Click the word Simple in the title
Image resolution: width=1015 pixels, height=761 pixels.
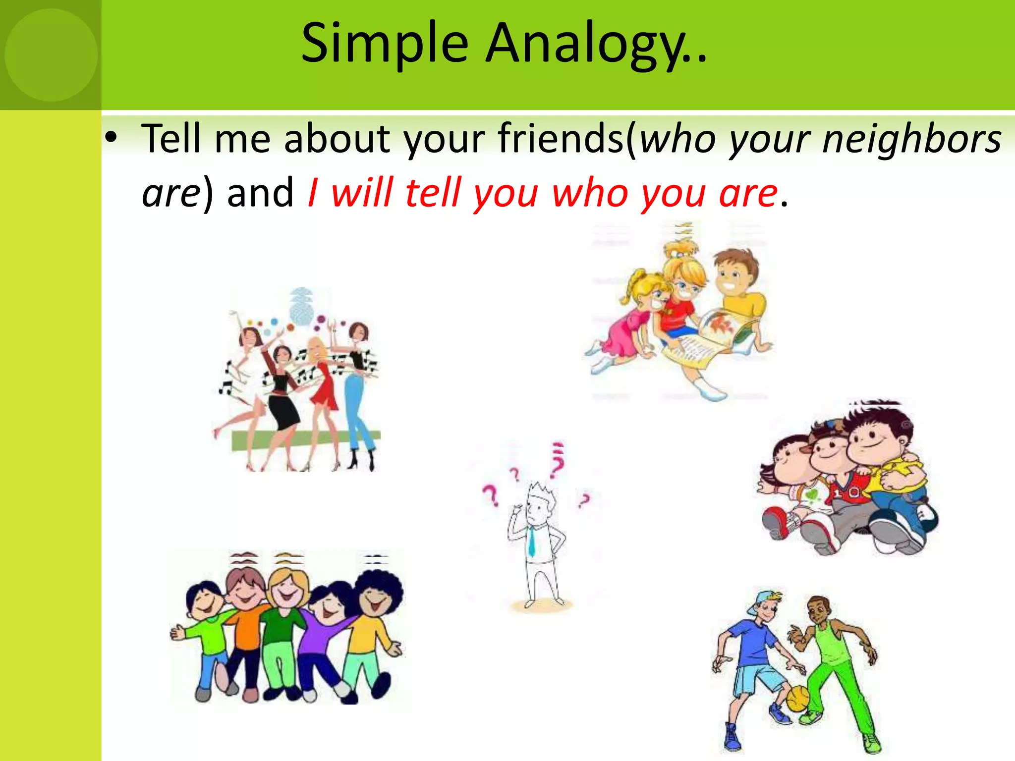[x=385, y=45]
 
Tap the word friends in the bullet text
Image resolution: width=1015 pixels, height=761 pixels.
[x=560, y=139]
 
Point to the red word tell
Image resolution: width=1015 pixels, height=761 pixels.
[x=433, y=193]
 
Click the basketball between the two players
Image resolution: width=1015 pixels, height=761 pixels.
[x=797, y=699]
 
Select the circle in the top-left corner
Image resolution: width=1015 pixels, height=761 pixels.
[x=51, y=54]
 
